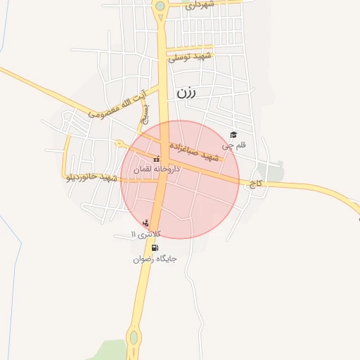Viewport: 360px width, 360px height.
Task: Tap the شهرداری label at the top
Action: pyautogui.click(x=199, y=6)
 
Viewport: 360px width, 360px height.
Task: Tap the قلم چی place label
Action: pyautogui.click(x=235, y=146)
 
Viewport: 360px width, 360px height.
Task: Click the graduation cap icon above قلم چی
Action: pyautogui.click(x=234, y=134)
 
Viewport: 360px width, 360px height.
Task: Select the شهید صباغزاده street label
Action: pyautogui.click(x=200, y=154)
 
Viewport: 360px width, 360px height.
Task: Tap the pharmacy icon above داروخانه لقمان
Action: pyautogui.click(x=156, y=158)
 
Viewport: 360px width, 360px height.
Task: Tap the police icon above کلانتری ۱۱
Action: pyautogui.click(x=146, y=223)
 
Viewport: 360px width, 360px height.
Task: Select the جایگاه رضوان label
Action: pyautogui.click(x=155, y=259)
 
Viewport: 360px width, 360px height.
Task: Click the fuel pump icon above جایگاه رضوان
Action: pyautogui.click(x=155, y=247)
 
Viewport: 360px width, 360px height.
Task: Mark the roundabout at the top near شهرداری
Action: pyautogui.click(x=161, y=6)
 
